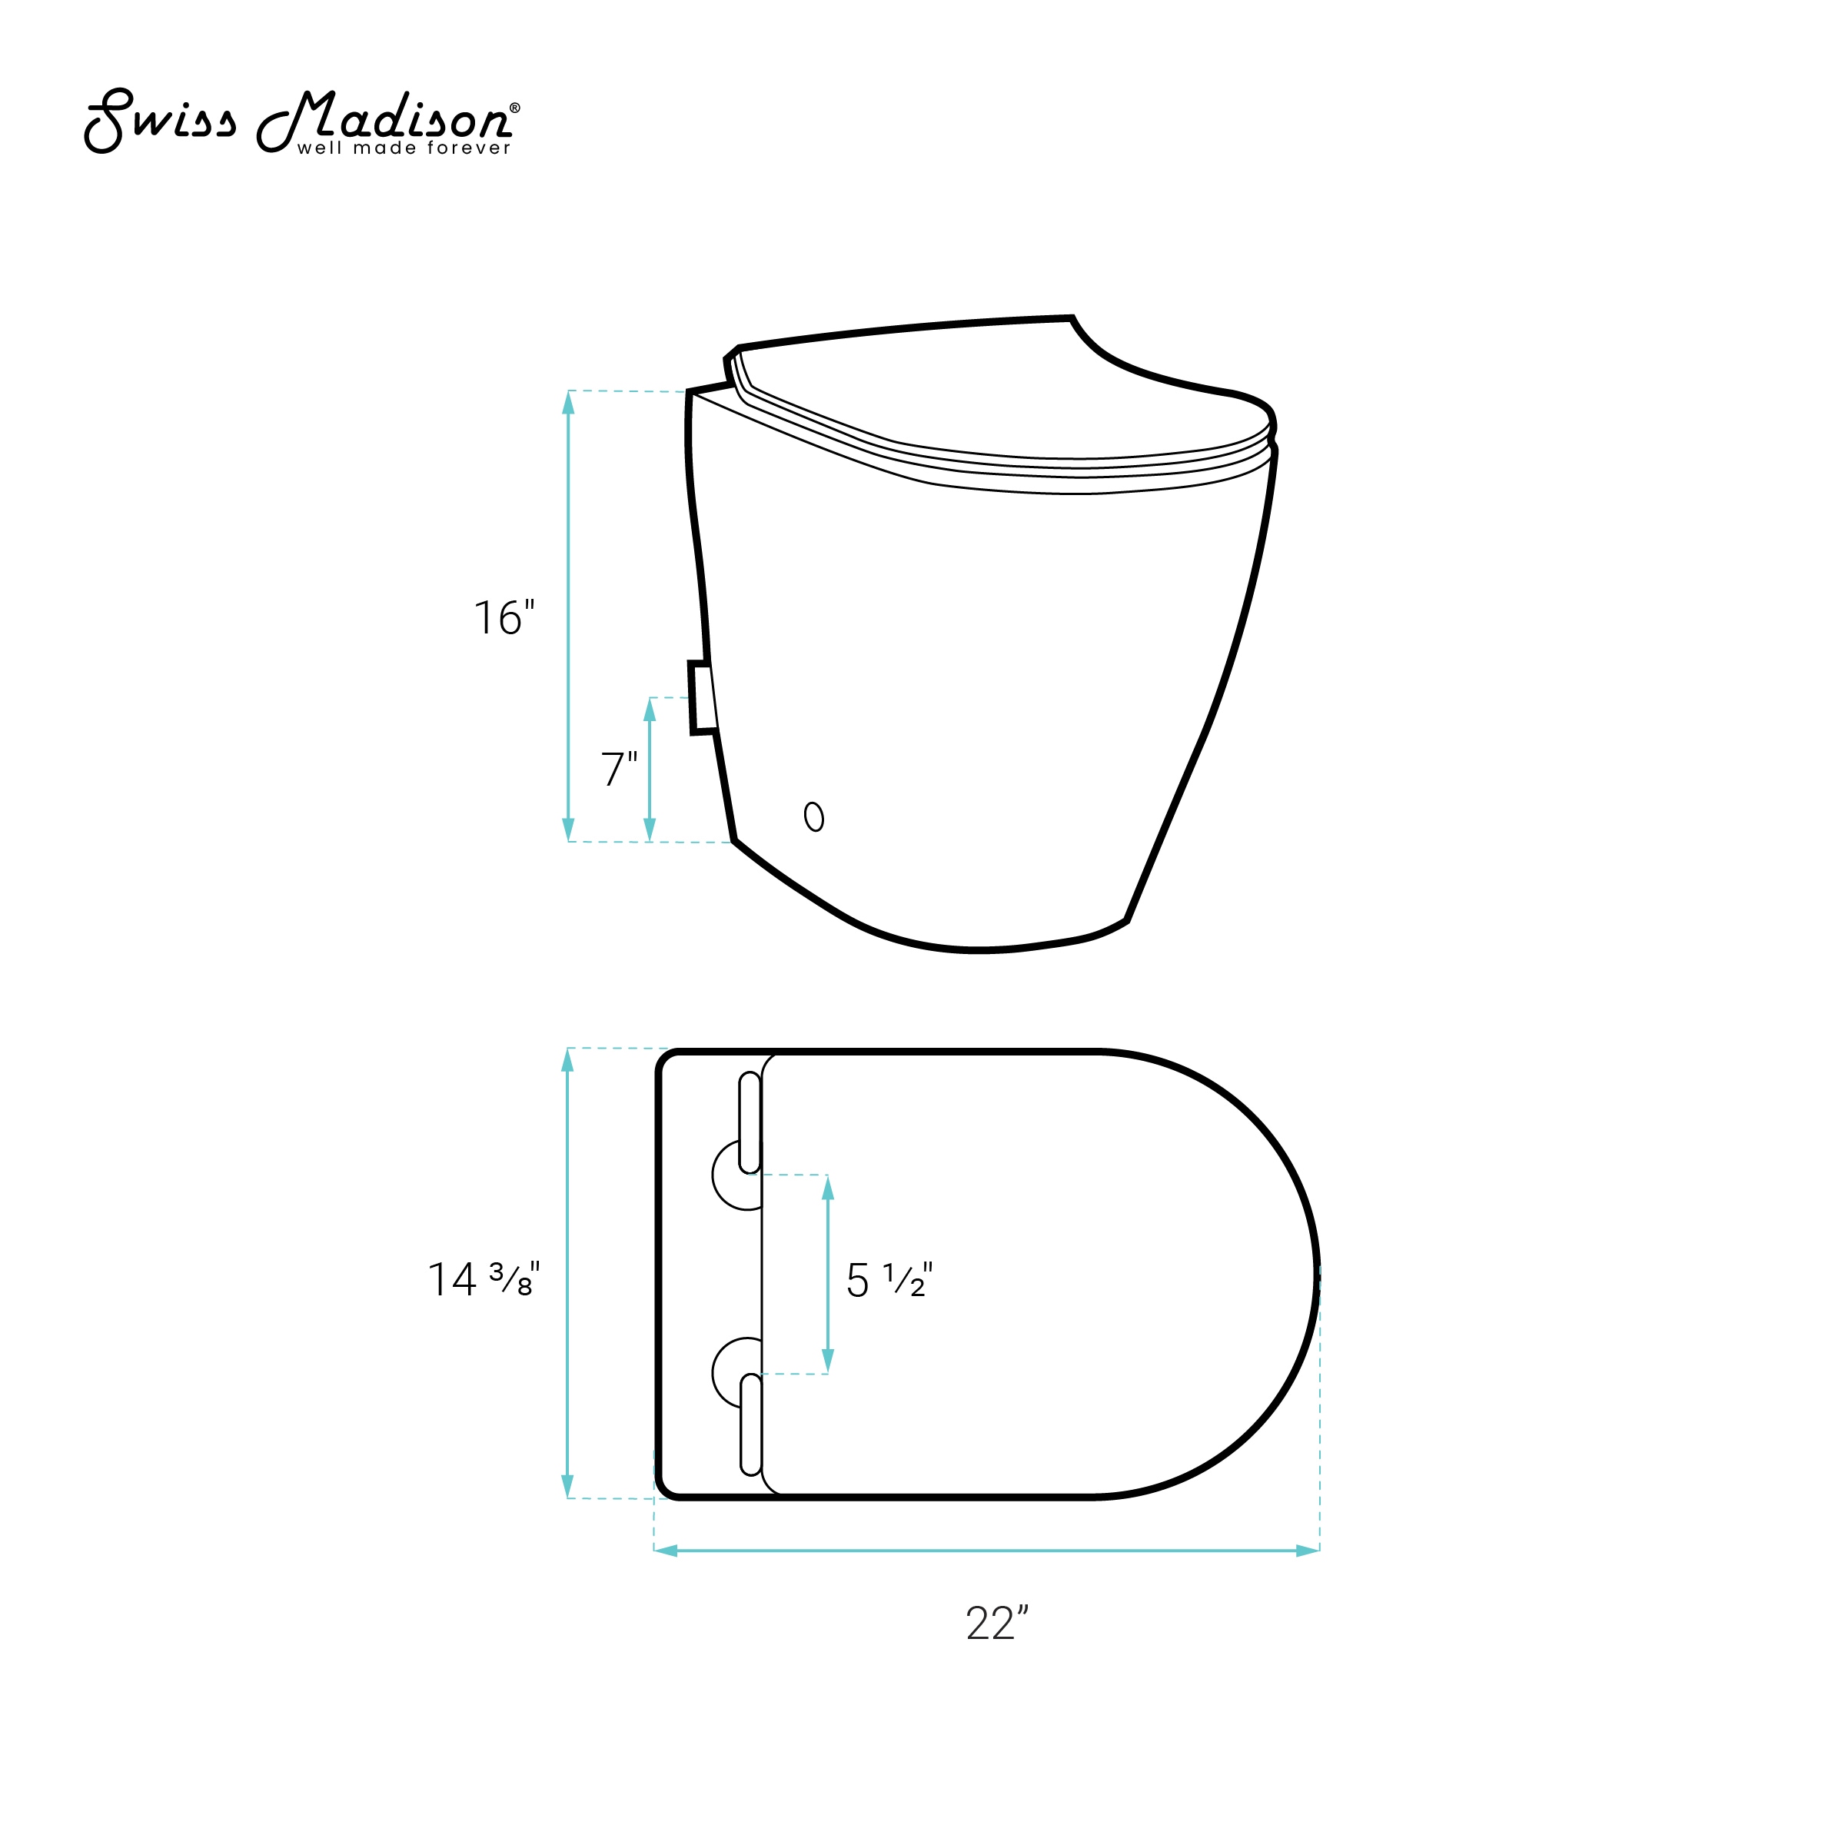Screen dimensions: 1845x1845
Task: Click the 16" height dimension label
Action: (504, 618)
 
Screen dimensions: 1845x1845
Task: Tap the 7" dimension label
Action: (619, 769)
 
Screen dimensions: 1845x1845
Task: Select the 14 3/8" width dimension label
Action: (484, 1280)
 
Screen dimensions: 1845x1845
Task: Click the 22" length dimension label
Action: (997, 1624)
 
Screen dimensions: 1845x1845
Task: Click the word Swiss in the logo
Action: (161, 121)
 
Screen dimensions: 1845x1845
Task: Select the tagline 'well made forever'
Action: (404, 148)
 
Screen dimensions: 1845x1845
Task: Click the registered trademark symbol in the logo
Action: (516, 108)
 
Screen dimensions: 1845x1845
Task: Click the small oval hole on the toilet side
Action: (813, 816)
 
